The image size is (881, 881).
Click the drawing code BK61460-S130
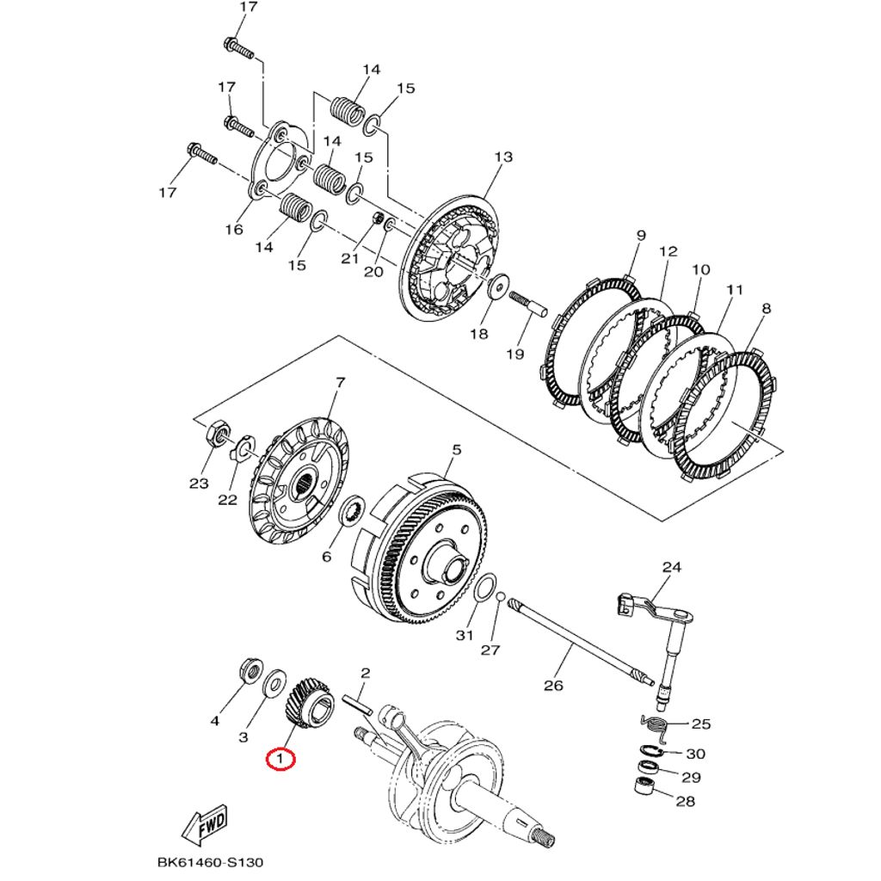pyautogui.click(x=210, y=862)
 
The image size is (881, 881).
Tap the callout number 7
pyautogui.click(x=340, y=381)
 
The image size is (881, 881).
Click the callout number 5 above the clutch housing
pyautogui.click(x=456, y=450)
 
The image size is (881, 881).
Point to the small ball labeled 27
pyautogui.click(x=500, y=596)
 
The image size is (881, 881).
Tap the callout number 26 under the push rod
pyautogui.click(x=553, y=685)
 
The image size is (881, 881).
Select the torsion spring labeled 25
pyautogui.click(x=654, y=725)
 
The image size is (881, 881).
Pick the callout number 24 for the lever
pyautogui.click(x=671, y=567)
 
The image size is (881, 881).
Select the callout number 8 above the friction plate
pyautogui.click(x=766, y=309)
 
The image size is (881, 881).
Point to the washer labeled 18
pyautogui.click(x=497, y=288)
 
